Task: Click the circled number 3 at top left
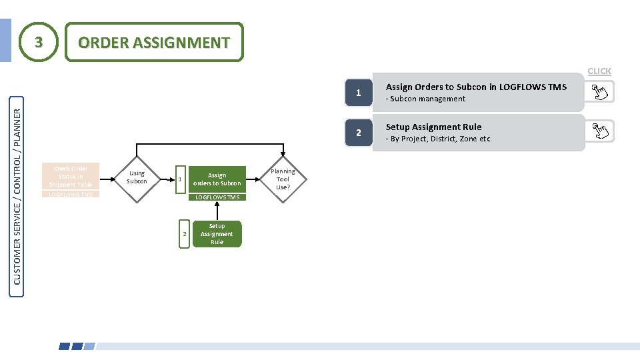point(39,42)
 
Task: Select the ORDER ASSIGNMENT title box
point(153,42)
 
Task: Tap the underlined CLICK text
point(599,71)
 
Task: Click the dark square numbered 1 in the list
point(358,93)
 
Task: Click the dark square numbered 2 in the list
point(358,133)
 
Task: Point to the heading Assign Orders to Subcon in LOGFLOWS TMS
point(476,87)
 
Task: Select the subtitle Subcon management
point(427,99)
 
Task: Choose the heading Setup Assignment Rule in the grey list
point(433,127)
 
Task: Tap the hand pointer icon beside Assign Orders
point(599,92)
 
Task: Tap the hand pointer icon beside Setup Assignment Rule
point(599,131)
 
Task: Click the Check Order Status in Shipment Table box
point(70,177)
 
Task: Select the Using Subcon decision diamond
point(137,177)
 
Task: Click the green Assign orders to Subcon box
point(217,179)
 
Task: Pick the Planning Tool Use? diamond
point(283,179)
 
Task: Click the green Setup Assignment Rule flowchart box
point(217,234)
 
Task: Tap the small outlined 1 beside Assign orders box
point(180,179)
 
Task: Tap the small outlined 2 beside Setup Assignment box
point(184,234)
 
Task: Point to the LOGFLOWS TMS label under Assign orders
point(217,197)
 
